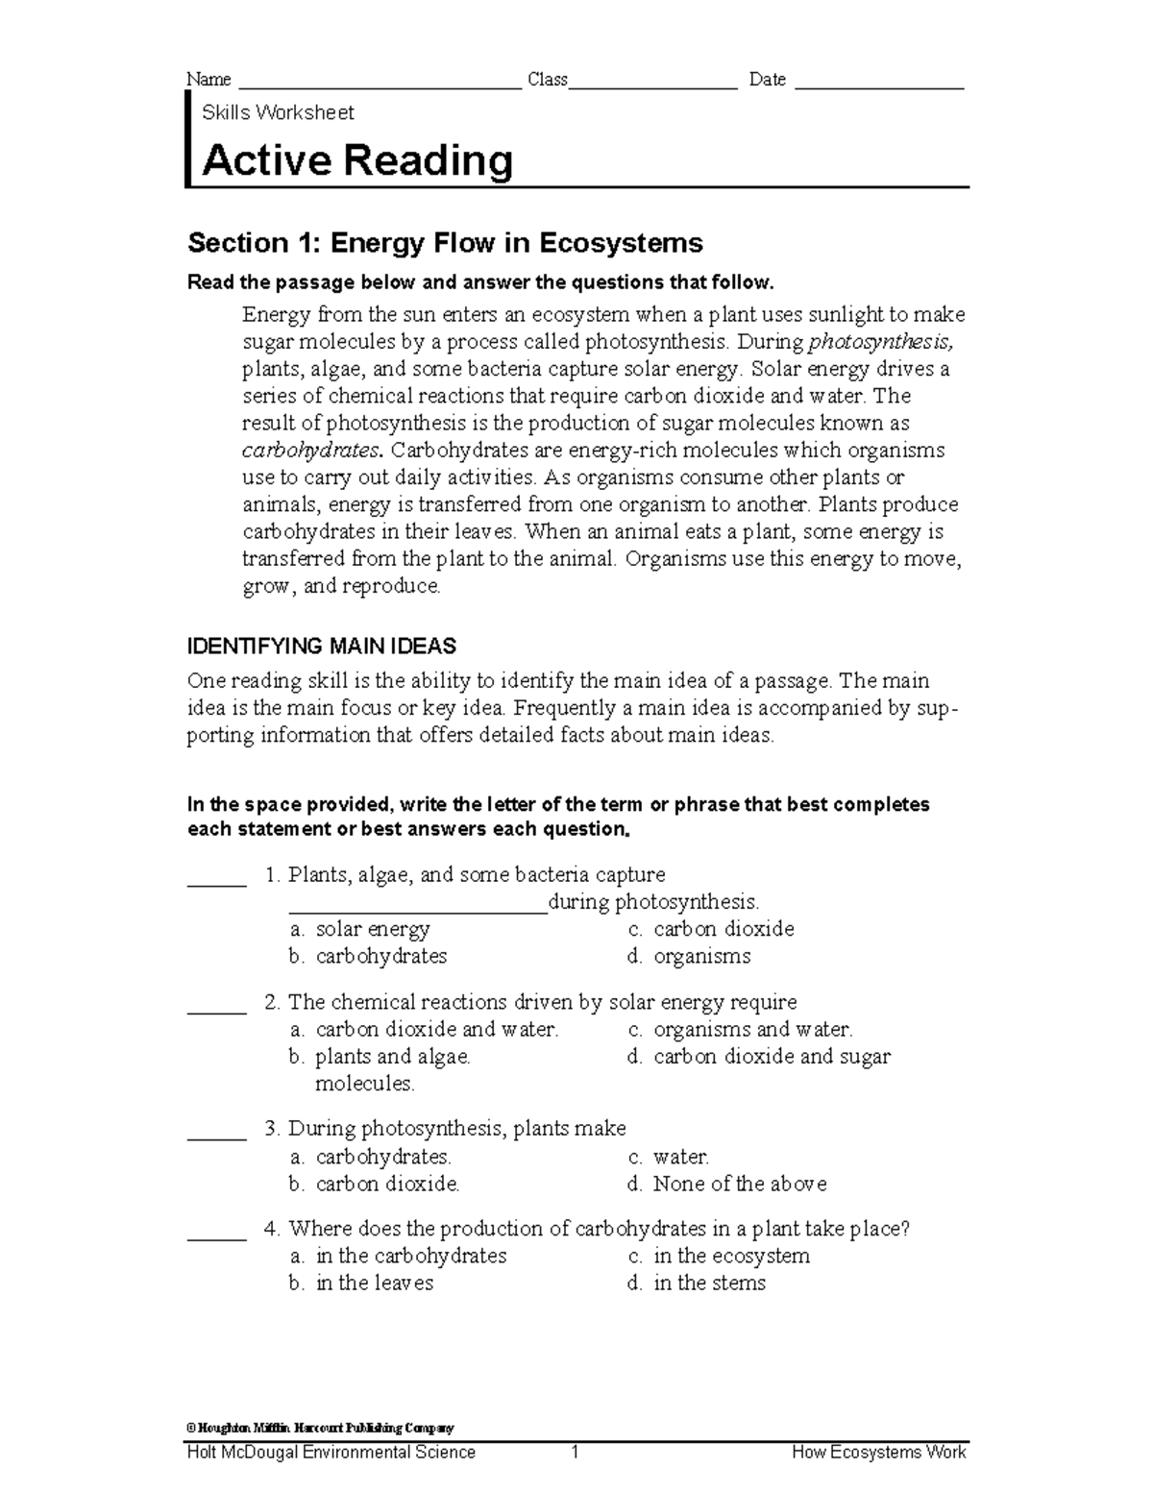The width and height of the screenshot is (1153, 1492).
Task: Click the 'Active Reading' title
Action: point(356,161)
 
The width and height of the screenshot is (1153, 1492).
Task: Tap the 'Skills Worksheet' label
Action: point(278,112)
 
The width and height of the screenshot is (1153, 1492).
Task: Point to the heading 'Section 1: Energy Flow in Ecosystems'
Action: point(445,243)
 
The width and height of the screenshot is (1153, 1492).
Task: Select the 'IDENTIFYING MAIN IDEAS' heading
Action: point(322,646)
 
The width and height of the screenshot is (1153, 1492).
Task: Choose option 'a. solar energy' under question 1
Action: point(359,929)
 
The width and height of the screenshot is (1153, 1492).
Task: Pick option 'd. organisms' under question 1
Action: point(689,956)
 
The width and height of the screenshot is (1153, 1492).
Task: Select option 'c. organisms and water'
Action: point(740,1029)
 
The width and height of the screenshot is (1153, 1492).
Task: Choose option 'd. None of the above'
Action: point(726,1184)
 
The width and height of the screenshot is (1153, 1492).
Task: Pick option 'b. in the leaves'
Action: point(361,1283)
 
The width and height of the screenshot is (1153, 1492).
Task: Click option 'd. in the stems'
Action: point(697,1283)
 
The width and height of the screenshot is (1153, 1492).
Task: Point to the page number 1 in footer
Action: point(575,1452)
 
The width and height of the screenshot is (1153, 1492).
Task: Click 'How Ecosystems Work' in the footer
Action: point(878,1452)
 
